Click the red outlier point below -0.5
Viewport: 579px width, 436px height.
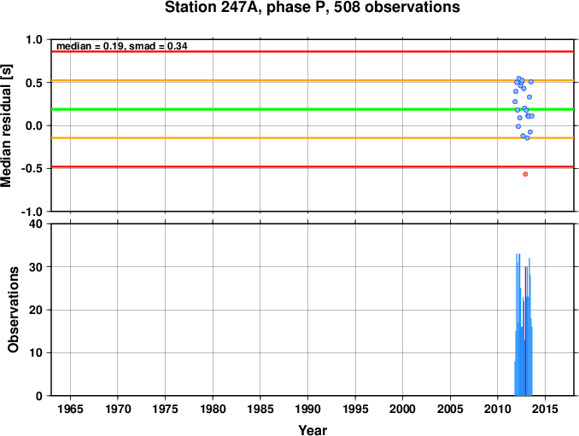click(x=525, y=174)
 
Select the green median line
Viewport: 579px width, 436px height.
click(x=313, y=109)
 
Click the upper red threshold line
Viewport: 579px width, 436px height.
click(x=313, y=51)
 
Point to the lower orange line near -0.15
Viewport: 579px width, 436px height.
click(x=313, y=138)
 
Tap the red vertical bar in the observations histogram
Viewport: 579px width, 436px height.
click(x=525, y=331)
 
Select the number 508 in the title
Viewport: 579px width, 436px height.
click(x=348, y=8)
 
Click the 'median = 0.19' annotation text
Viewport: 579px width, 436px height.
click(x=90, y=46)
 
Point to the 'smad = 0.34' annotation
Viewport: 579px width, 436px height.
click(x=158, y=46)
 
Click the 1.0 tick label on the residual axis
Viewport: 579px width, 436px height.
click(x=34, y=39)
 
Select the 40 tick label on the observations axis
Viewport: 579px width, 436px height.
click(x=36, y=224)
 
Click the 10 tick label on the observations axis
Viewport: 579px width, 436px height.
click(x=36, y=353)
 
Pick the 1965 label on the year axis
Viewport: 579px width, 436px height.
click(x=71, y=409)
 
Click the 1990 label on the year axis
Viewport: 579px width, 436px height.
click(x=308, y=409)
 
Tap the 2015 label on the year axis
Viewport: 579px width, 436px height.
click(x=546, y=409)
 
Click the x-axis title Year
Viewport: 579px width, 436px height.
click(x=313, y=430)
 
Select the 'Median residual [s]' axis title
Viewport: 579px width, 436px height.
click(x=6, y=125)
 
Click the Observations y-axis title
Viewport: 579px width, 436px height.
click(x=14, y=310)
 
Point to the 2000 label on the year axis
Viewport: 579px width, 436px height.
click(x=403, y=409)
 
